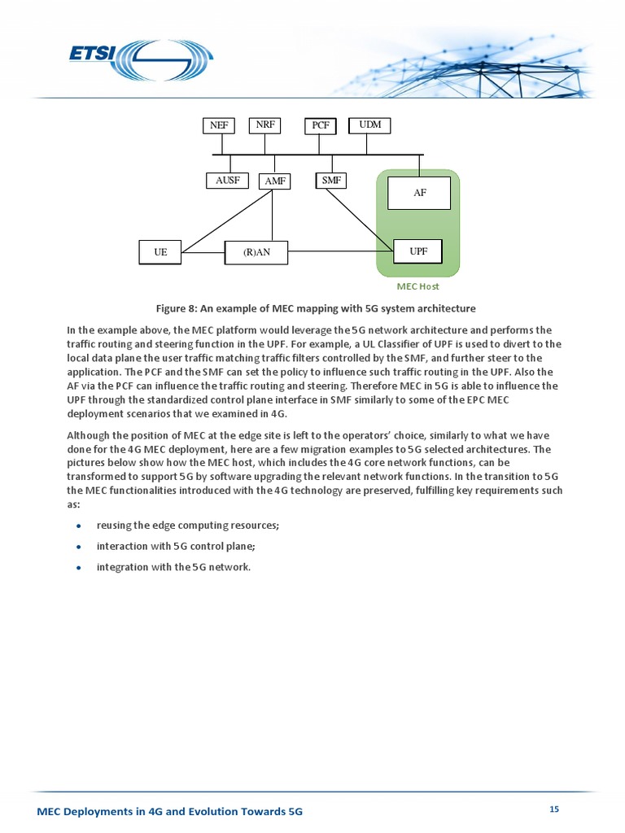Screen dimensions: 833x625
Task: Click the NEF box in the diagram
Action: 218,125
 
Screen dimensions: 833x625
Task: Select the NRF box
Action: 264,125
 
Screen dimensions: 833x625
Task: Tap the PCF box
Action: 321,125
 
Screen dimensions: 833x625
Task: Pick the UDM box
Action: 370,125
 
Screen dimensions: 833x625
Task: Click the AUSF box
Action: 227,181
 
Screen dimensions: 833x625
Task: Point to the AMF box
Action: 274,181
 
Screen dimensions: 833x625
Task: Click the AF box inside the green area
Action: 419,194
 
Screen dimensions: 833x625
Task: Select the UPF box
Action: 418,251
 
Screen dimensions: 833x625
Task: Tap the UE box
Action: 160,253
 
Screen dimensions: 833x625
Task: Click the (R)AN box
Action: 256,253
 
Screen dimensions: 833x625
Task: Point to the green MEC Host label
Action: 418,287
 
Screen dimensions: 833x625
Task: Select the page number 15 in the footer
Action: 554,809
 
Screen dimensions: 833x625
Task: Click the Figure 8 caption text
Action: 316,308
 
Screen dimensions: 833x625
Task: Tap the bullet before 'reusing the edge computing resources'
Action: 79,526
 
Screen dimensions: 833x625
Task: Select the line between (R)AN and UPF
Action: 340,251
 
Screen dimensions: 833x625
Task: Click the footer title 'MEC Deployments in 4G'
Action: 170,812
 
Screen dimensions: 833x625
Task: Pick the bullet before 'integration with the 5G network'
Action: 79,568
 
